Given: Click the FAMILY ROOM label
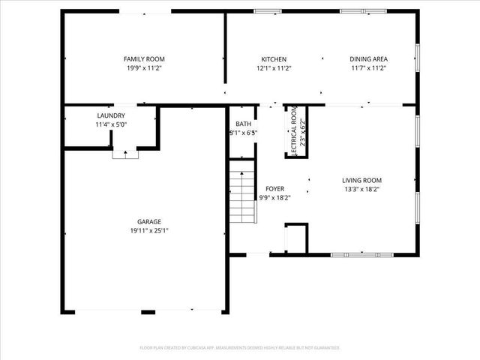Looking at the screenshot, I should click(144, 58).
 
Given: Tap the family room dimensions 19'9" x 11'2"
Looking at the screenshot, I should click(144, 67).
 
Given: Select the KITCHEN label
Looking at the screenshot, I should click(273, 58).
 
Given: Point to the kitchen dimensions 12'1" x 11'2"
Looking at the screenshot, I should click(273, 67).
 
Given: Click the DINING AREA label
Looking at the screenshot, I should click(368, 58).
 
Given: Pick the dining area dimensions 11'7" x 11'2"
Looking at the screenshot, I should click(368, 67).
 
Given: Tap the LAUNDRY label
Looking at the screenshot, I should click(111, 115).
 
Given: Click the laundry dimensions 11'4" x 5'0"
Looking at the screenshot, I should click(111, 124).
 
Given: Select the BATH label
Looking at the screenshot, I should click(243, 124).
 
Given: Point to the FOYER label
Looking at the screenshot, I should click(274, 189).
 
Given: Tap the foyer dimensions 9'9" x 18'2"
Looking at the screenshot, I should click(274, 198).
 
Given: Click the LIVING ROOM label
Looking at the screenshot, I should click(362, 180).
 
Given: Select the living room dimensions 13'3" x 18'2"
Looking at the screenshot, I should click(362, 189).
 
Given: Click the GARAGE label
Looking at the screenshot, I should click(149, 221).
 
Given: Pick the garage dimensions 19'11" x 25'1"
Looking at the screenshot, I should click(149, 230).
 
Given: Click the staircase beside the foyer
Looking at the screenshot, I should click(242, 194).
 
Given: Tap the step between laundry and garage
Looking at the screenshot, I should click(124, 154).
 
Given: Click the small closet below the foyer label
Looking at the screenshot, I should click(296, 238).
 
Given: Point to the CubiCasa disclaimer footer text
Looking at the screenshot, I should click(240, 347).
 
